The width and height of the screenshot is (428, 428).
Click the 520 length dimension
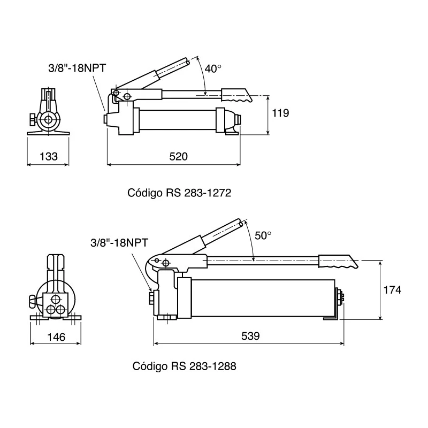click(x=179, y=157)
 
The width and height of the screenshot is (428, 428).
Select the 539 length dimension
click(x=250, y=336)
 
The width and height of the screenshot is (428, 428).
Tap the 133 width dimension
click(x=49, y=157)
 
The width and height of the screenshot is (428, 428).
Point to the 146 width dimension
click(x=56, y=337)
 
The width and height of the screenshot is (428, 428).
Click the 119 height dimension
click(x=280, y=113)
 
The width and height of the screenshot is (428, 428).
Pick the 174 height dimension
click(x=392, y=290)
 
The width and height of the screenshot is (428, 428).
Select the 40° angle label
click(x=212, y=68)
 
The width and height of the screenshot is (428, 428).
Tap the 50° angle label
click(x=263, y=235)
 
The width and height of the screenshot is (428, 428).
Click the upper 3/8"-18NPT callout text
click(x=77, y=68)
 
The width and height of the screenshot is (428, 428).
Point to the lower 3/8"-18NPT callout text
click(x=119, y=242)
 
